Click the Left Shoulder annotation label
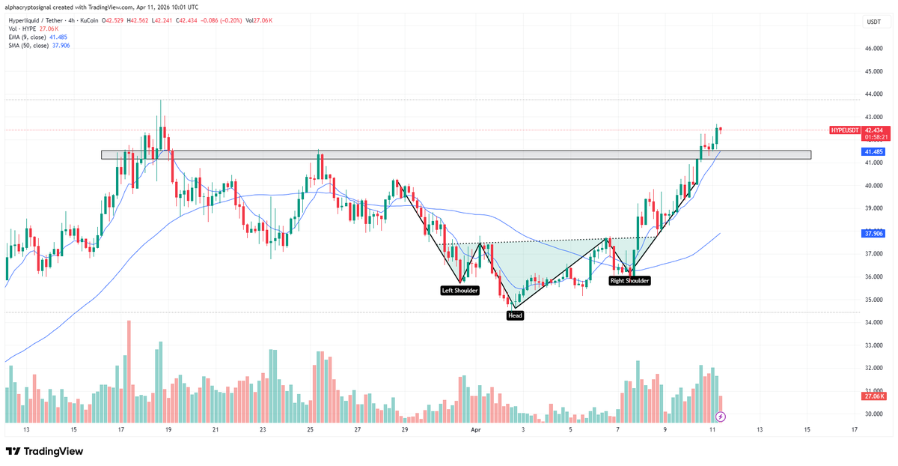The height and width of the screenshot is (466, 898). click(x=459, y=290)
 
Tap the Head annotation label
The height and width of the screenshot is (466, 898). click(x=515, y=315)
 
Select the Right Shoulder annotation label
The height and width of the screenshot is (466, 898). click(x=629, y=280)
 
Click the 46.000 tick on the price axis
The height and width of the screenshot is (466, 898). click(x=873, y=49)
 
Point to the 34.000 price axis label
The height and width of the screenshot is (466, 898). click(x=873, y=323)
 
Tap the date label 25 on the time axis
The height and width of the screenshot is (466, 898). click(x=310, y=430)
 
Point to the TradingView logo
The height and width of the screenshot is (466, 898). click(x=44, y=452)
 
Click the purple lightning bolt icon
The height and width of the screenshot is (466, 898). click(x=720, y=416)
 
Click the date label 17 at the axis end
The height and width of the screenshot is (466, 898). click(x=855, y=430)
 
